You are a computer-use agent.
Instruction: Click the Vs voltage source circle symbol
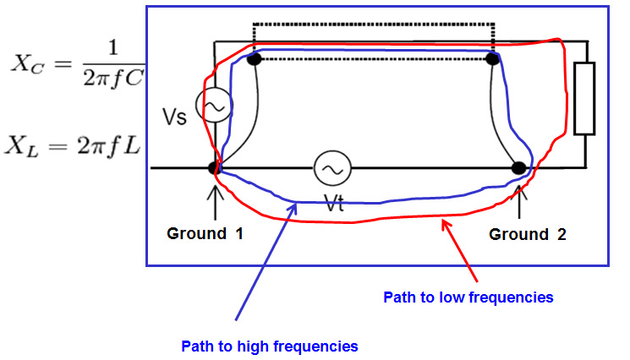coord(213,106)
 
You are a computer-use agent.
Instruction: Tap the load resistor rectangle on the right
coord(584,99)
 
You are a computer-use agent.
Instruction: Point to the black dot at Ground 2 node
coord(520,167)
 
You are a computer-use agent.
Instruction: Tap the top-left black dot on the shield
coord(253,59)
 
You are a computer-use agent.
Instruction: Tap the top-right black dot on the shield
coord(492,59)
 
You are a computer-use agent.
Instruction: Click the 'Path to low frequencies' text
coord(468,297)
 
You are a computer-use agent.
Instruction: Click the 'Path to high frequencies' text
coord(270,346)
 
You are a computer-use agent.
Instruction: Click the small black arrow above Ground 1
coord(216,196)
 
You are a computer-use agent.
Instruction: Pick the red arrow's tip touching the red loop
coord(441,221)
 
